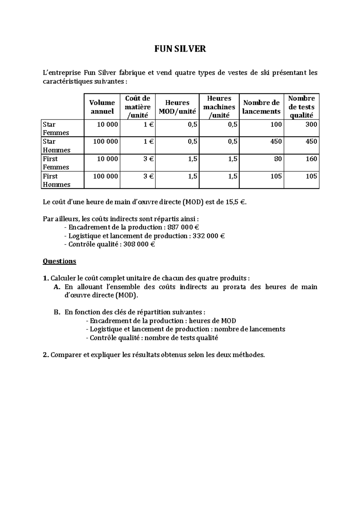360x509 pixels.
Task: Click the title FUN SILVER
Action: (180, 49)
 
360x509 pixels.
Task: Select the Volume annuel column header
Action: (102, 107)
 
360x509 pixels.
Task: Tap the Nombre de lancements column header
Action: (261, 107)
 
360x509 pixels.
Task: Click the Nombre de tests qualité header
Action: (301, 107)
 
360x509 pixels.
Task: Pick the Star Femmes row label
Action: (56, 128)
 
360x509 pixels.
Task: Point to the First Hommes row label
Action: (56, 180)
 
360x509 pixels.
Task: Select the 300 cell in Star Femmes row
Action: (311, 124)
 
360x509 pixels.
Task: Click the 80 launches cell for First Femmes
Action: (278, 159)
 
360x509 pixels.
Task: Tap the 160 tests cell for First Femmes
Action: (311, 159)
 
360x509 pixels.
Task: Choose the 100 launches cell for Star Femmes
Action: (276, 124)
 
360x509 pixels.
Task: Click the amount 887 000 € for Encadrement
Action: (183, 227)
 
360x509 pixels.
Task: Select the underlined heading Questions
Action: (59, 261)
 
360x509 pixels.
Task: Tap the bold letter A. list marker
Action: (57, 287)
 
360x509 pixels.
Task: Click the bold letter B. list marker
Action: (57, 312)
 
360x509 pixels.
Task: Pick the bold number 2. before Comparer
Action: (46, 355)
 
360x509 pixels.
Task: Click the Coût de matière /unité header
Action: (138, 107)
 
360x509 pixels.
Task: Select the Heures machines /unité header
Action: (219, 107)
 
